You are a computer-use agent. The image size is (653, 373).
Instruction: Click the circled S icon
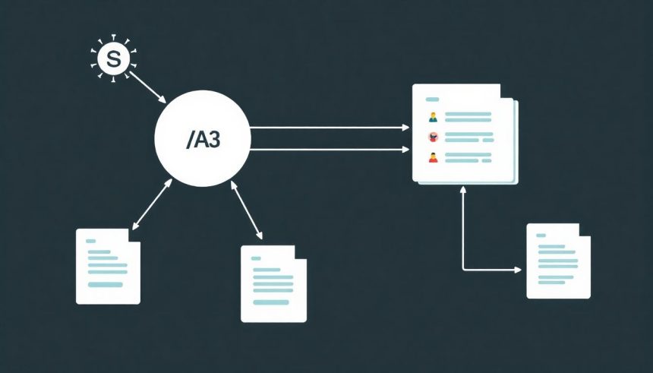coord(113,59)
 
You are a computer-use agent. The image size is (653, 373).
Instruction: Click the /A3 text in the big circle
coord(202,140)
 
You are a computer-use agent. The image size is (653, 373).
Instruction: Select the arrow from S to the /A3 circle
coord(147,87)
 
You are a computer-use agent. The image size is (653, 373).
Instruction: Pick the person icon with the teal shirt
coord(433,117)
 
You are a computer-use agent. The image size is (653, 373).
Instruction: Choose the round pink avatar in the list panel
coord(433,138)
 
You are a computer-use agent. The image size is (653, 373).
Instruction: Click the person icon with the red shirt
coord(433,158)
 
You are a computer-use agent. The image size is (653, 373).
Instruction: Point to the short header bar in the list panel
coord(433,100)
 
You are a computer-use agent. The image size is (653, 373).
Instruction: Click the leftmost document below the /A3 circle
coord(108,266)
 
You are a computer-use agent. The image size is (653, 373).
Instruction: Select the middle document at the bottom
coord(273,283)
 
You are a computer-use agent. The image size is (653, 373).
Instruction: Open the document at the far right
coord(558,261)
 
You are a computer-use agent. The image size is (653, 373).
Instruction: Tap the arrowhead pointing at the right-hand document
coord(519,270)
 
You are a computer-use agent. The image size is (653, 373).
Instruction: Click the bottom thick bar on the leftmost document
coord(106,285)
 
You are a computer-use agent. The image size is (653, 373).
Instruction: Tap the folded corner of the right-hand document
coord(585,229)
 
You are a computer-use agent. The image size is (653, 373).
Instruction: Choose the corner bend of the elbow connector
coord(463,270)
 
